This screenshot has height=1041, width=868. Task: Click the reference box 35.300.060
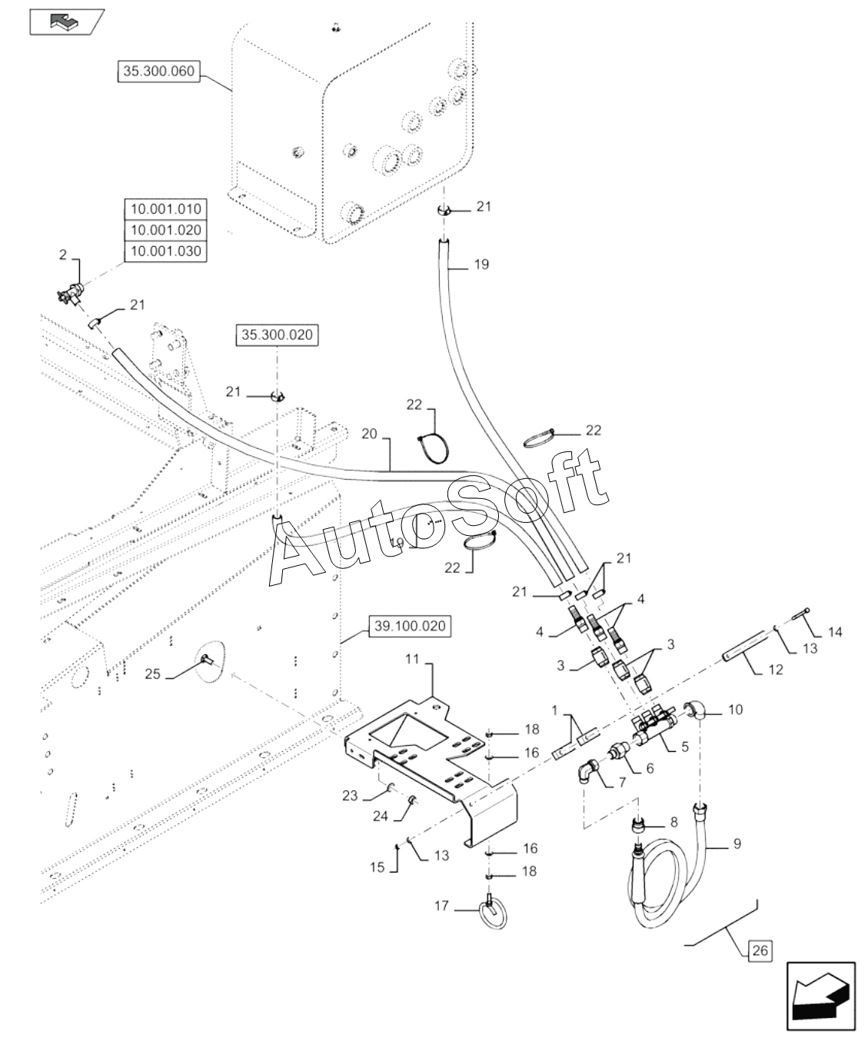(158, 72)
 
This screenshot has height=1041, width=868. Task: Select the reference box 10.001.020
(165, 230)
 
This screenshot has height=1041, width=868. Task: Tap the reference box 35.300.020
(277, 334)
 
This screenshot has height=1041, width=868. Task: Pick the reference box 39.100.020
(410, 626)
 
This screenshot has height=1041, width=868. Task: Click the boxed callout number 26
(760, 950)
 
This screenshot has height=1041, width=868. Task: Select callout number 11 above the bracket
(412, 659)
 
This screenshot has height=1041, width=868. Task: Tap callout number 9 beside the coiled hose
(737, 843)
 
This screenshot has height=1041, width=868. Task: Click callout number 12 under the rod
(776, 670)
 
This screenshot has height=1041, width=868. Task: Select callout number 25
(152, 674)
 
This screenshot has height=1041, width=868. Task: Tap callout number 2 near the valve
(63, 254)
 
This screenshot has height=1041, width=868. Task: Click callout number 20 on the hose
(370, 434)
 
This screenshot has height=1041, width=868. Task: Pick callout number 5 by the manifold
(685, 747)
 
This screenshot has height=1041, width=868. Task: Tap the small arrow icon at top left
(66, 22)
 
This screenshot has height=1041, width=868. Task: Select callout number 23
(350, 796)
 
